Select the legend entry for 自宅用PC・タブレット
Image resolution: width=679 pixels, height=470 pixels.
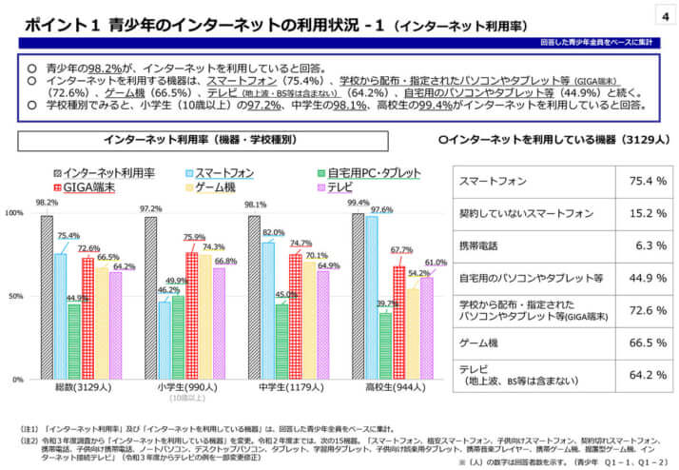365,172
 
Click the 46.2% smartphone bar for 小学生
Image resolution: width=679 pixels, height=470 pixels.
165,341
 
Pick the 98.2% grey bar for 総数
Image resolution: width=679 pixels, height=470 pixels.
47,297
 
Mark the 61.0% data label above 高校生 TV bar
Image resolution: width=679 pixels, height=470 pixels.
436,262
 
